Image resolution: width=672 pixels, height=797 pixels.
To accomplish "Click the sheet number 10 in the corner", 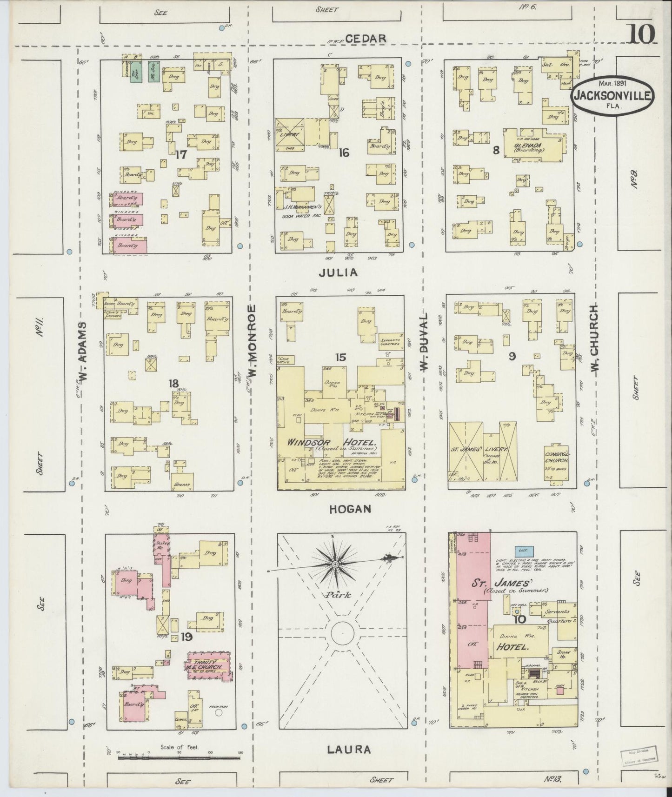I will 642,33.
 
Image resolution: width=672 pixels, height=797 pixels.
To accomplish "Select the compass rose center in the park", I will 334,564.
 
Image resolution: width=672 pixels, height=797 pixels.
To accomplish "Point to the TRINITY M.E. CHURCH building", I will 208,665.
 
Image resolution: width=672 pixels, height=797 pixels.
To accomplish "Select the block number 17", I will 180,154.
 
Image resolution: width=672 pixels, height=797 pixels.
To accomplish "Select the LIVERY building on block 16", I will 289,134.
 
